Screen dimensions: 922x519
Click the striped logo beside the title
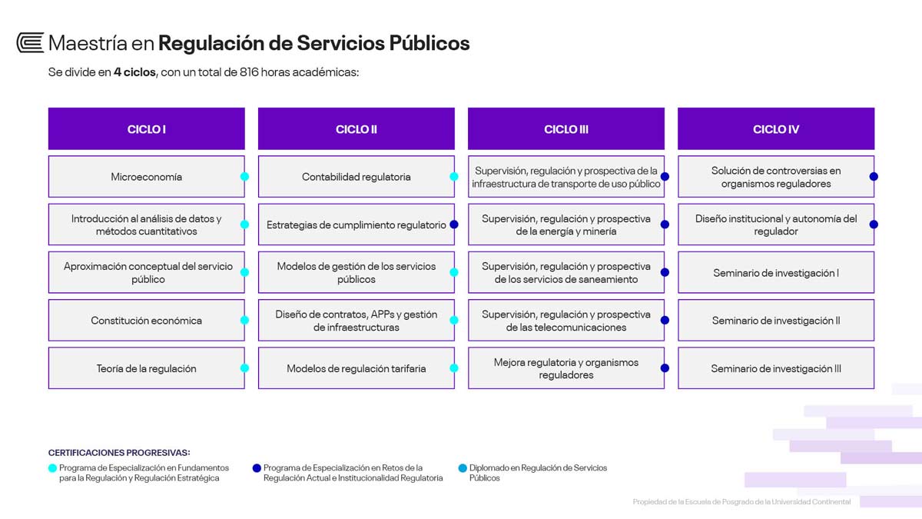[x=30, y=43]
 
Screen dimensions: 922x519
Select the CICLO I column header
[x=147, y=128]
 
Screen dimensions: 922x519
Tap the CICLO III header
[x=566, y=128]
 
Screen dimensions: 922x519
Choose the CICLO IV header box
[x=776, y=128]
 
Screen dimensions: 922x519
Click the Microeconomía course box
[x=147, y=176]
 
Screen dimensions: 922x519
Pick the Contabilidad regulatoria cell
[x=357, y=176]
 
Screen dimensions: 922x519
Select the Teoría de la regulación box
[x=147, y=368]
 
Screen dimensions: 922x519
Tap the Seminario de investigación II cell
[x=776, y=320]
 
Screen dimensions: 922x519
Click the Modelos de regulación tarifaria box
[x=357, y=368]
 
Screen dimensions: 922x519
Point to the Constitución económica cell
[x=147, y=320]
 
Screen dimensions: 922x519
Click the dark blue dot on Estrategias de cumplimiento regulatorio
[x=454, y=225]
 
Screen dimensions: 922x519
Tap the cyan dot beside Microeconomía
[x=244, y=176]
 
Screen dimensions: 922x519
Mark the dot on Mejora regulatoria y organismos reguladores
[x=665, y=368]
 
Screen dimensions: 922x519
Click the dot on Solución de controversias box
[x=874, y=176]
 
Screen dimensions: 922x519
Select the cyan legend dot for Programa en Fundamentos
[x=52, y=468]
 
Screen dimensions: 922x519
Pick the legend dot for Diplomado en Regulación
[x=463, y=468]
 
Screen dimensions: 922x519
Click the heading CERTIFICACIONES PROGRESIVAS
[x=119, y=452]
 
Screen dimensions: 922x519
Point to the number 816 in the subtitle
[x=249, y=72]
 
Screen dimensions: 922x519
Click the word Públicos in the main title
[x=429, y=43]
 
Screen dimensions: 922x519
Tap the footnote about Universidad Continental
[x=741, y=501]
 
